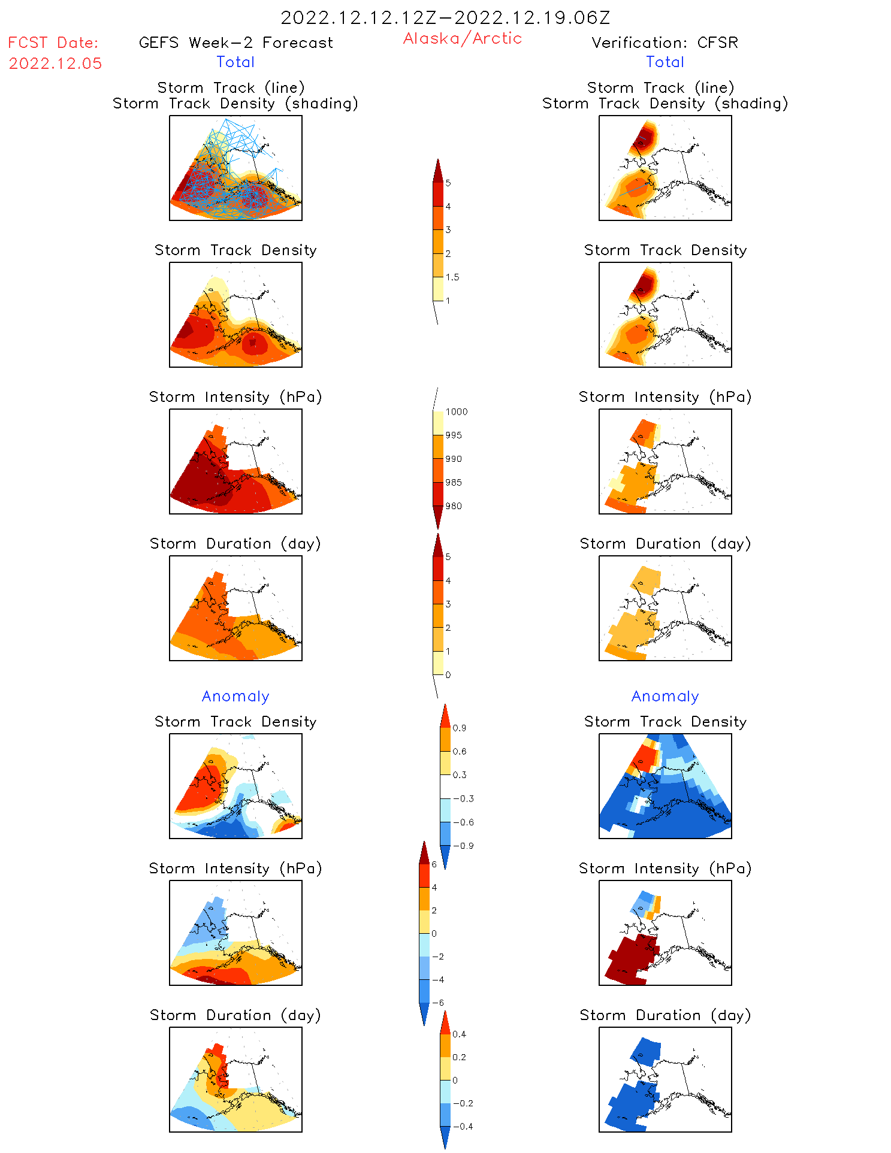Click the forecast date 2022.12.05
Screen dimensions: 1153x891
point(55,63)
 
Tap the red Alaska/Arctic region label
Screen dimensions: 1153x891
point(462,38)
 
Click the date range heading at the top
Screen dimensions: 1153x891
point(445,17)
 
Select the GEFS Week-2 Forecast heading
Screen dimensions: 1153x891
point(235,43)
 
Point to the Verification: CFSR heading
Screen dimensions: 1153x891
point(665,43)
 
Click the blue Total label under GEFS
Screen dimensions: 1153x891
point(235,62)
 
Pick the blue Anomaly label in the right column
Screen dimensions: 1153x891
point(665,696)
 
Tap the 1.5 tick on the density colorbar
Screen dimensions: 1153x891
point(452,277)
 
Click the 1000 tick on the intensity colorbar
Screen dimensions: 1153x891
point(456,412)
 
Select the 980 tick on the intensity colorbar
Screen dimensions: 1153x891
point(454,506)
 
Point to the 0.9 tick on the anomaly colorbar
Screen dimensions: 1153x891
point(459,728)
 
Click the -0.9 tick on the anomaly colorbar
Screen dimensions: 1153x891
point(463,846)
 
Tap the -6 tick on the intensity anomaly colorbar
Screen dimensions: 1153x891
point(438,1003)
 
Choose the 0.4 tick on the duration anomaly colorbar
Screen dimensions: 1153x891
point(459,1034)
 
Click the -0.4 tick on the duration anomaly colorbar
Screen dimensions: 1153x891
point(463,1126)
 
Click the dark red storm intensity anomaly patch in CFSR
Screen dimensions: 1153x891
point(629,958)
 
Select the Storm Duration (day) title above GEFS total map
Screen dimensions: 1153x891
point(235,544)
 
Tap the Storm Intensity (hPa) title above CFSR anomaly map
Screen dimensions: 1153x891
point(665,868)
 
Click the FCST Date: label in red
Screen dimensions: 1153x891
point(53,43)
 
